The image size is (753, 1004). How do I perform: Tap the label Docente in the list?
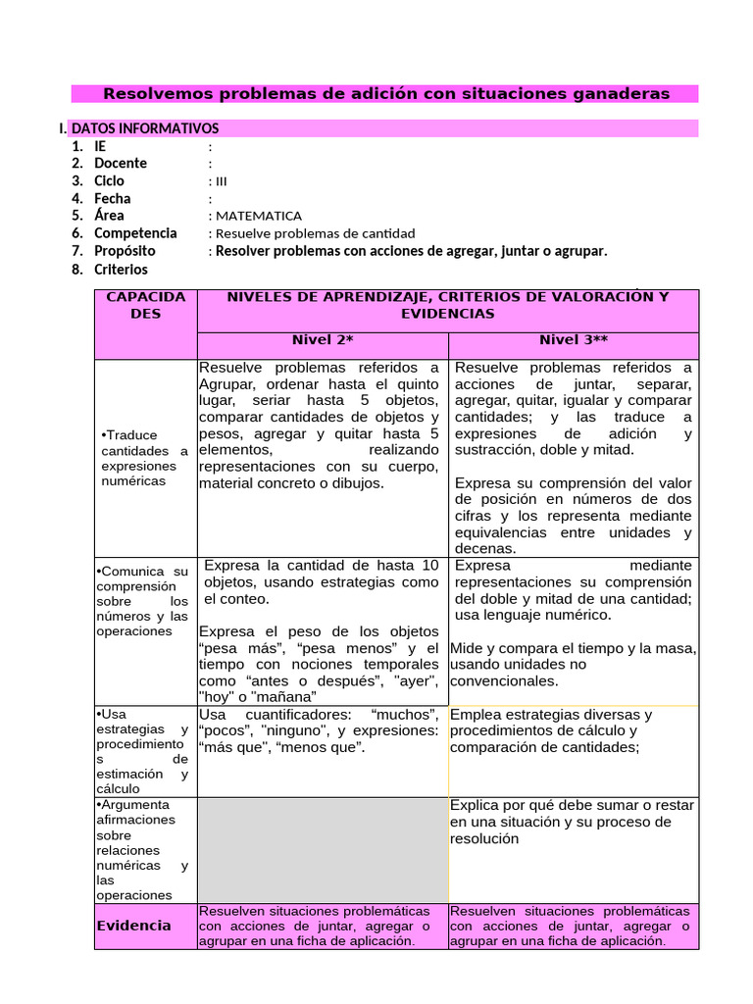120,164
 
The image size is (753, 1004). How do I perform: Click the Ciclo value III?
221,181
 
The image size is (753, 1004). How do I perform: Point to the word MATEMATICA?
259,216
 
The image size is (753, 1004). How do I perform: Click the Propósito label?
125,251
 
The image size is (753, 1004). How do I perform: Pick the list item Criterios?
121,269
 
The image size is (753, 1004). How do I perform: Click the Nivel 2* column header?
323,340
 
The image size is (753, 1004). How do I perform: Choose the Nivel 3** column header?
574,340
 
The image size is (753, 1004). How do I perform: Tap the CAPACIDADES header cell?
145,305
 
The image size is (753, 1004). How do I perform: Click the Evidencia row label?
133,926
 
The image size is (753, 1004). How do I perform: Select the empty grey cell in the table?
323,849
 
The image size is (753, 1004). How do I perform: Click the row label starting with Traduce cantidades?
144,458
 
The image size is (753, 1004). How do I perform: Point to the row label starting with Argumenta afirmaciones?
143,849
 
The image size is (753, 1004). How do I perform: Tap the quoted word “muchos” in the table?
405,715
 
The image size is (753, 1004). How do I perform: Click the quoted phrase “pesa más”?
231,649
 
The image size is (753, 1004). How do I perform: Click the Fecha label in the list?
112,199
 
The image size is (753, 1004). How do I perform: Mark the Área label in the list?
109,216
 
